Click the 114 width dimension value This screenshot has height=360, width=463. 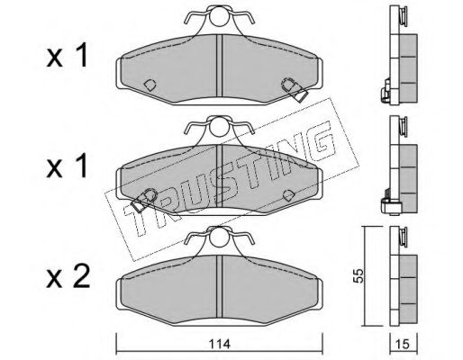[220, 344]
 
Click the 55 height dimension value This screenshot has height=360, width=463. [359, 275]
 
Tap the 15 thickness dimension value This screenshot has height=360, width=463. [404, 344]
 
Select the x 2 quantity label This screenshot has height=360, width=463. [68, 277]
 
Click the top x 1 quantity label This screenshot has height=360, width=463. [67, 56]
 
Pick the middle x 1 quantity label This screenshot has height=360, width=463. [67, 166]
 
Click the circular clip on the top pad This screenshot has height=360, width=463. [219, 18]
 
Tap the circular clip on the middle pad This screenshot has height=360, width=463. [219, 128]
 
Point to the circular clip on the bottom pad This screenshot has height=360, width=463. [219, 238]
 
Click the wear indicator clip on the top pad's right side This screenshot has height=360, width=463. [295, 90]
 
